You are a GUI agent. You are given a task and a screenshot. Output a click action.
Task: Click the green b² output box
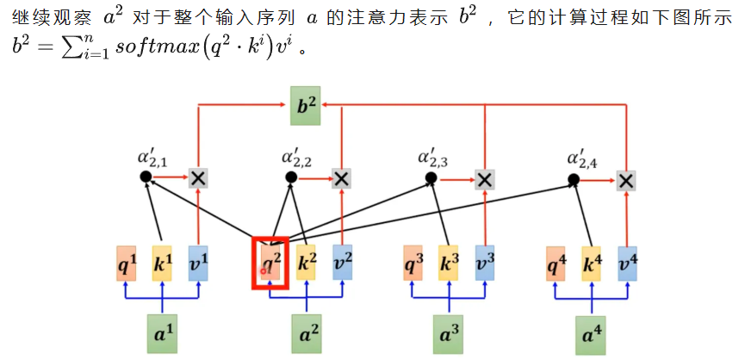coord(305,106)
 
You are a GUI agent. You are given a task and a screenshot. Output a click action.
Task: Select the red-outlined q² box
coord(270,262)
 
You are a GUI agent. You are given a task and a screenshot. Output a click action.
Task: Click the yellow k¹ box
coord(163,263)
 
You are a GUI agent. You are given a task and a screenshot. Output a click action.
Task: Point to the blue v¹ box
coord(198,263)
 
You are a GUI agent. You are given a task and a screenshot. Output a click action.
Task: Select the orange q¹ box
coord(127,263)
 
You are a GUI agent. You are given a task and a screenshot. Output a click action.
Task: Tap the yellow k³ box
coord(448,263)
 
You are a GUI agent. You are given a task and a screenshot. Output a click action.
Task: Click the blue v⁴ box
coord(627,263)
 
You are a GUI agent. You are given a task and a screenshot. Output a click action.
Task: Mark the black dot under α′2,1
coord(145,177)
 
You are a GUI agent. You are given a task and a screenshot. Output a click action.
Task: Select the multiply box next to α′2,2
coord(342,178)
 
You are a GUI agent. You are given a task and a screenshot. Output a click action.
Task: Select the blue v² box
coord(342,263)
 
